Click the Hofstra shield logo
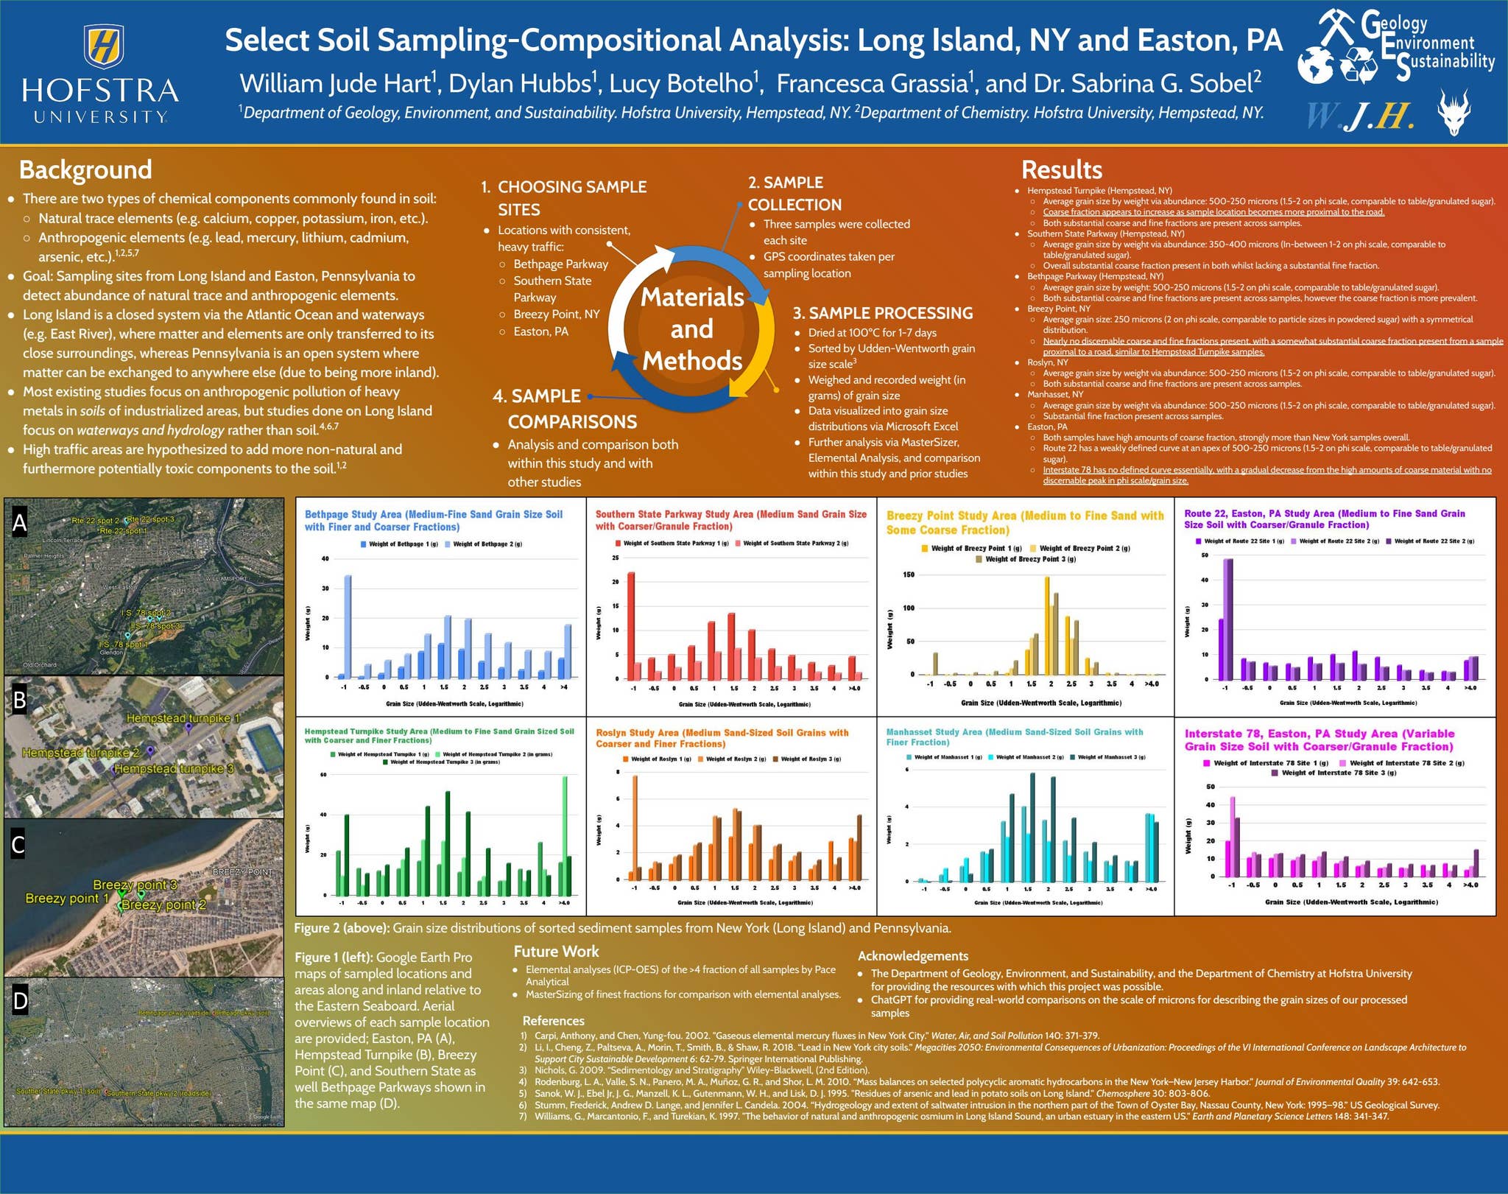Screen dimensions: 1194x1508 pyautogui.click(x=103, y=46)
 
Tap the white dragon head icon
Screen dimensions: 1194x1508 pyautogui.click(x=1454, y=112)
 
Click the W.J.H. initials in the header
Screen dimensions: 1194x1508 pyautogui.click(x=1360, y=116)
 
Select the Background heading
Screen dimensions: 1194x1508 pyautogui.click(x=85, y=169)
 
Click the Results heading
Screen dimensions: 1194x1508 pyautogui.click(x=1061, y=169)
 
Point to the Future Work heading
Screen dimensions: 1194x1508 pyautogui.click(x=556, y=951)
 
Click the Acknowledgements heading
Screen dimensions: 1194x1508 pyautogui.click(x=912, y=956)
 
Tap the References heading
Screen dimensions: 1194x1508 pyautogui.click(x=553, y=1021)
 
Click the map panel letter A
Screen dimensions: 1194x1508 pyautogui.click(x=20, y=522)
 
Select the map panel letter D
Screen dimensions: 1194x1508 pyautogui.click(x=20, y=1000)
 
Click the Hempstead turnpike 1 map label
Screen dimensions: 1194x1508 pyautogui.click(x=183, y=718)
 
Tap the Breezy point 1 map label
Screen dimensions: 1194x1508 pyautogui.click(x=67, y=898)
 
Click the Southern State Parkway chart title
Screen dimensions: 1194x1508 pyautogui.click(x=730, y=520)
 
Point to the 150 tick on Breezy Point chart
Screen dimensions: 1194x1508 pyautogui.click(x=908, y=575)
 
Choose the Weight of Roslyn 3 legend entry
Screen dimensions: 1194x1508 pyautogui.click(x=806, y=759)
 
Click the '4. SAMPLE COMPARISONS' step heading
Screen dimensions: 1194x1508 pyautogui.click(x=564, y=409)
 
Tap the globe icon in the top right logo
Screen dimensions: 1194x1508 pyautogui.click(x=1315, y=65)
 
